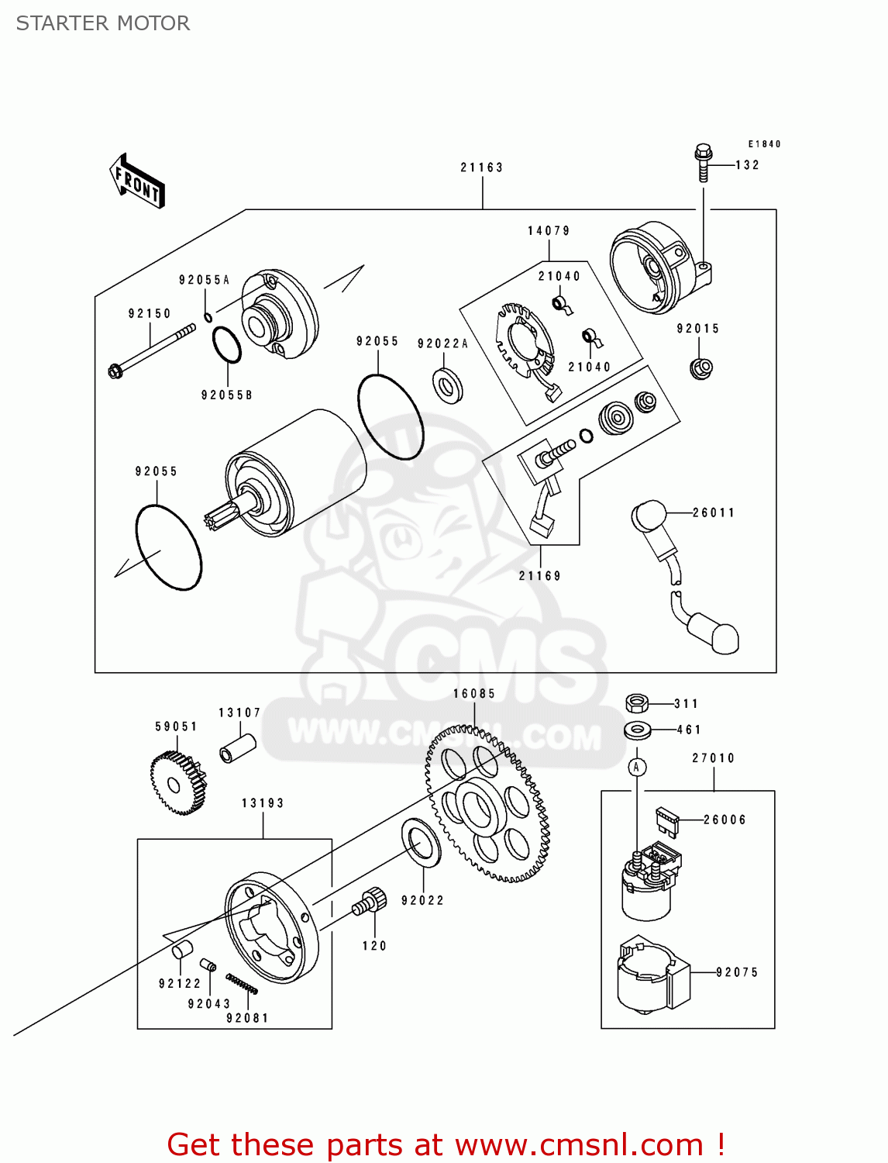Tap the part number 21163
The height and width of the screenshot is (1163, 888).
481,167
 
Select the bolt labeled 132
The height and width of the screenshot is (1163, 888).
703,162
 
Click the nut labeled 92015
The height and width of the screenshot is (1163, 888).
700,368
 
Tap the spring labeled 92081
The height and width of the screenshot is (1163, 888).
242,983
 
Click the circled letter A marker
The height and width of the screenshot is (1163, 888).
636,768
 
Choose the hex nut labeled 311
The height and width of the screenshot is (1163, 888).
636,703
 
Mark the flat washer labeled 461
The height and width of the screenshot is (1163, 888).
638,730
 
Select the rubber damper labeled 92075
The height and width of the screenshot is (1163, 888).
652,975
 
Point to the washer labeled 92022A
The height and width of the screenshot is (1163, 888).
447,385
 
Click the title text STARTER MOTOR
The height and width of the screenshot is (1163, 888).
103,23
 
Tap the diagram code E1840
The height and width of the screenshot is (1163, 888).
764,144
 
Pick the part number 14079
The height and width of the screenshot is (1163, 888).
549,231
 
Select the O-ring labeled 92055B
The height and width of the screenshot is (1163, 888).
226,345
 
